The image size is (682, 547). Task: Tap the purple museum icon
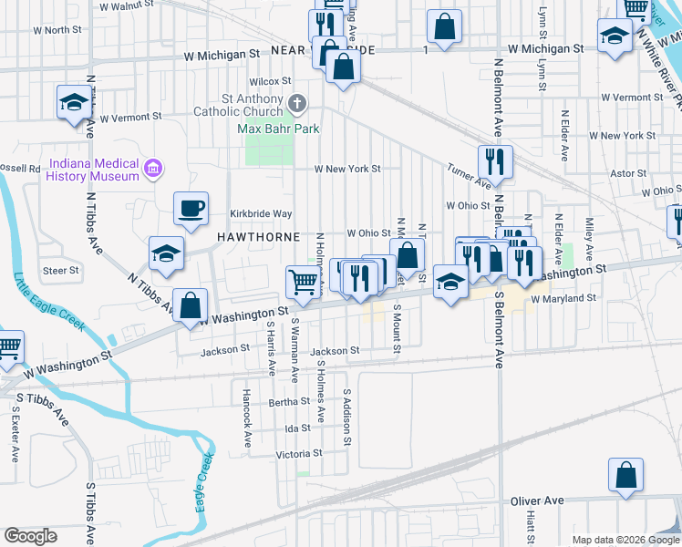click(x=153, y=168)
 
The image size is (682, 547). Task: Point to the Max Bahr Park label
click(x=278, y=129)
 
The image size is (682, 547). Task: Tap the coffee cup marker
click(x=191, y=209)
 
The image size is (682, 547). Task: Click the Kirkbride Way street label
click(x=260, y=213)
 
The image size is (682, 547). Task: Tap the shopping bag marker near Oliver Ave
click(x=625, y=475)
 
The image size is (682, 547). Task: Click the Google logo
click(x=31, y=536)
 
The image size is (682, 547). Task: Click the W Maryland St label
click(x=563, y=298)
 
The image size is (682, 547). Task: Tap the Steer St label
click(x=61, y=270)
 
